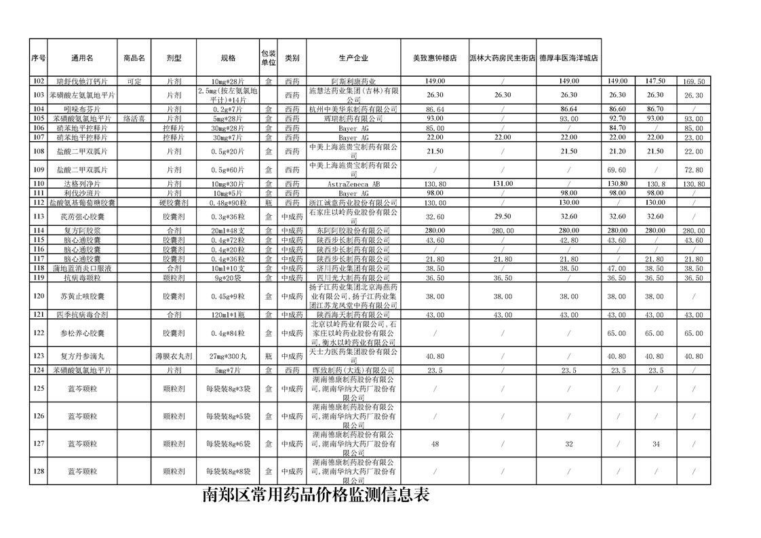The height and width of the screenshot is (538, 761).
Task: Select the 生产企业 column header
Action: click(x=353, y=58)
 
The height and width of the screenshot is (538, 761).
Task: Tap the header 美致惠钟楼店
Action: click(x=435, y=58)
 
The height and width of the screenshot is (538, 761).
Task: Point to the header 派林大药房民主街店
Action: click(x=502, y=58)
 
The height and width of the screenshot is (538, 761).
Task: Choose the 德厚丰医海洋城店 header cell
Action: click(x=569, y=58)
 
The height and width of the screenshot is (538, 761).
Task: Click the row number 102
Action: click(x=38, y=81)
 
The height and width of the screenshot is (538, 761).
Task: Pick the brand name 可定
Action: click(x=134, y=81)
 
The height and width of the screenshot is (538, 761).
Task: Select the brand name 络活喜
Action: click(x=134, y=119)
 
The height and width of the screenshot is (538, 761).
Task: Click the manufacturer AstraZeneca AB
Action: click(x=353, y=184)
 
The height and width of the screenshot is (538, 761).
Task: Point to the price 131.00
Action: click(x=503, y=184)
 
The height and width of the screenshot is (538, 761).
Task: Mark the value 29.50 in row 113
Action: click(x=503, y=217)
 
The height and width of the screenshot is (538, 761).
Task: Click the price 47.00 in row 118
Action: click(x=617, y=269)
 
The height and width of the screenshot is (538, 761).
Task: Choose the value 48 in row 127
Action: click(x=435, y=444)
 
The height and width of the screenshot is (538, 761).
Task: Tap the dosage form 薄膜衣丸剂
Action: click(x=174, y=356)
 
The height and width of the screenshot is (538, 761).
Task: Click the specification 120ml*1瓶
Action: click(x=228, y=315)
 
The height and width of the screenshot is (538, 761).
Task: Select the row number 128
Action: click(x=38, y=472)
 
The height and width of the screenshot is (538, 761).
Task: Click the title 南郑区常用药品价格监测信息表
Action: click(x=316, y=495)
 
